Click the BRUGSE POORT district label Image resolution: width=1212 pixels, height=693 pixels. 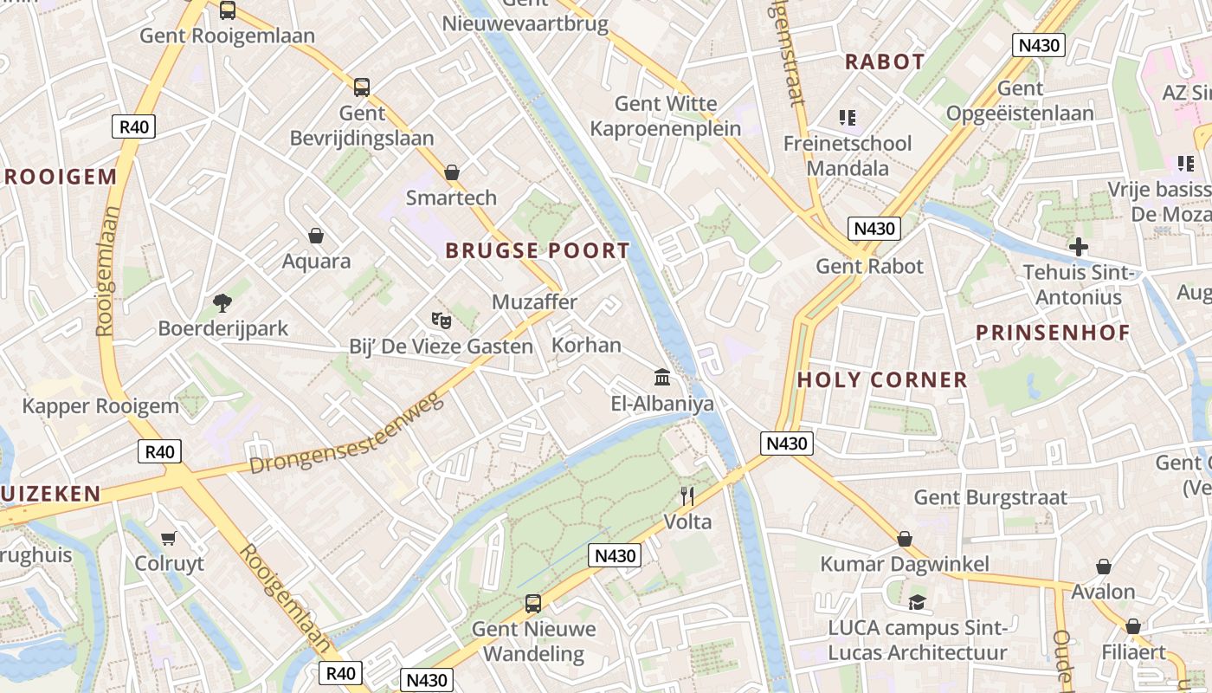tap(538, 251)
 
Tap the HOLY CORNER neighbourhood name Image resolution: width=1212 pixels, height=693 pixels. tap(882, 379)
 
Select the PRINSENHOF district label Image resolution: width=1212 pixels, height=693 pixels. tap(1053, 333)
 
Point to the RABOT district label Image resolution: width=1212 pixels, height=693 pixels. tap(885, 62)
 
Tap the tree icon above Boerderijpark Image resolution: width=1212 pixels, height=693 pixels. tap(222, 302)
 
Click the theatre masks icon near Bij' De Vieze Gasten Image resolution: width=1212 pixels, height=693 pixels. tap(442, 320)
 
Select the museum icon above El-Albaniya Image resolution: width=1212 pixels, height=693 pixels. tap(663, 377)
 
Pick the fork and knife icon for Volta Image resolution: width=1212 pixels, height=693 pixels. tap(687, 495)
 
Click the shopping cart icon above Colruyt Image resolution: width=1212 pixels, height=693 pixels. tap(169, 538)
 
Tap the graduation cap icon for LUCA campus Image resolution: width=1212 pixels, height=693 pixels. tap(917, 602)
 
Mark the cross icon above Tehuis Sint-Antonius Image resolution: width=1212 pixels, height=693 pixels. tap(1078, 246)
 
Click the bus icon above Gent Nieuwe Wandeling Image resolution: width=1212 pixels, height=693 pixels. tap(533, 603)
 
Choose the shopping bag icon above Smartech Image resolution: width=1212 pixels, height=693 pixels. tap(451, 172)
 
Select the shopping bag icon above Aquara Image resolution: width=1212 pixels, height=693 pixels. tap(316, 236)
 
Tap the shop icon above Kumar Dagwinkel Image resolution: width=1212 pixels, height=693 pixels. tap(905, 539)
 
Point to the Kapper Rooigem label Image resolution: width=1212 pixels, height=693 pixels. tap(100, 405)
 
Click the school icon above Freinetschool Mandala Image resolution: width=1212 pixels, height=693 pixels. tap(847, 117)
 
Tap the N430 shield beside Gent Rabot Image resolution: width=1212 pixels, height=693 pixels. tap(874, 229)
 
